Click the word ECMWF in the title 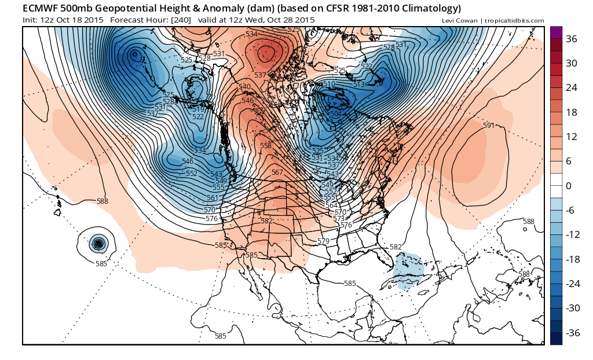42,9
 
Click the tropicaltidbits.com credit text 514,21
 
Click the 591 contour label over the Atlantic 489,126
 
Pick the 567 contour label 277,172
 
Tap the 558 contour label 266,146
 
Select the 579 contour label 324,241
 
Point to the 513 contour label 359,85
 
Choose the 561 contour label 212,198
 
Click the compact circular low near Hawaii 98,244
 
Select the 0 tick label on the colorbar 568,186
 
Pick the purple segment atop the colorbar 555,32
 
